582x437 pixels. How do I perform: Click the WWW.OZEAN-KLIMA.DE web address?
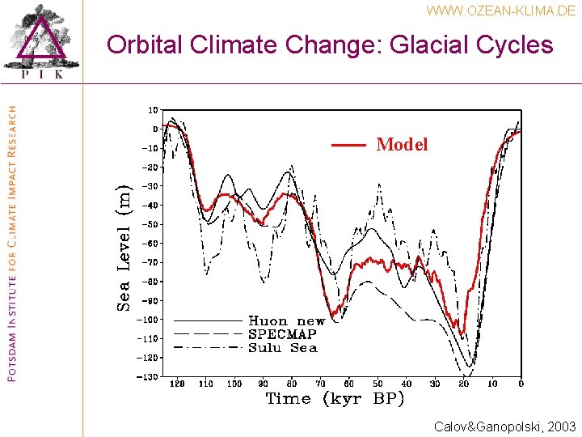pyautogui.click(x=501, y=11)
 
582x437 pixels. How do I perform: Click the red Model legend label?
pyautogui.click(x=402, y=145)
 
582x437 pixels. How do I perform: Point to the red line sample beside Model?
pyautogui.click(x=349, y=146)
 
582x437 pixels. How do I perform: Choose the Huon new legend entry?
pyautogui.click(x=286, y=321)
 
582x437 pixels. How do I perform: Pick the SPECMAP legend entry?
pyautogui.click(x=282, y=334)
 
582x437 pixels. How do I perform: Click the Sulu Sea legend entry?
pyautogui.click(x=282, y=348)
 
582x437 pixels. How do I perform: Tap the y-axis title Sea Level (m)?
pyautogui.click(x=124, y=247)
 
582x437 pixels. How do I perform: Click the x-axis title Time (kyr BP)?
pyautogui.click(x=335, y=399)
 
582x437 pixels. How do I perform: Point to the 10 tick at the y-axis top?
pyautogui.click(x=152, y=110)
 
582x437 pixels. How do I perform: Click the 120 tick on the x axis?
pyautogui.click(x=176, y=384)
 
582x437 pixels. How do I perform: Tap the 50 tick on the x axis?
pyautogui.click(x=377, y=384)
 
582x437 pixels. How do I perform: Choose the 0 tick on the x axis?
pyautogui.click(x=521, y=384)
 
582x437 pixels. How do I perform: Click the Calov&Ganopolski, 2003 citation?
pyautogui.click(x=504, y=426)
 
